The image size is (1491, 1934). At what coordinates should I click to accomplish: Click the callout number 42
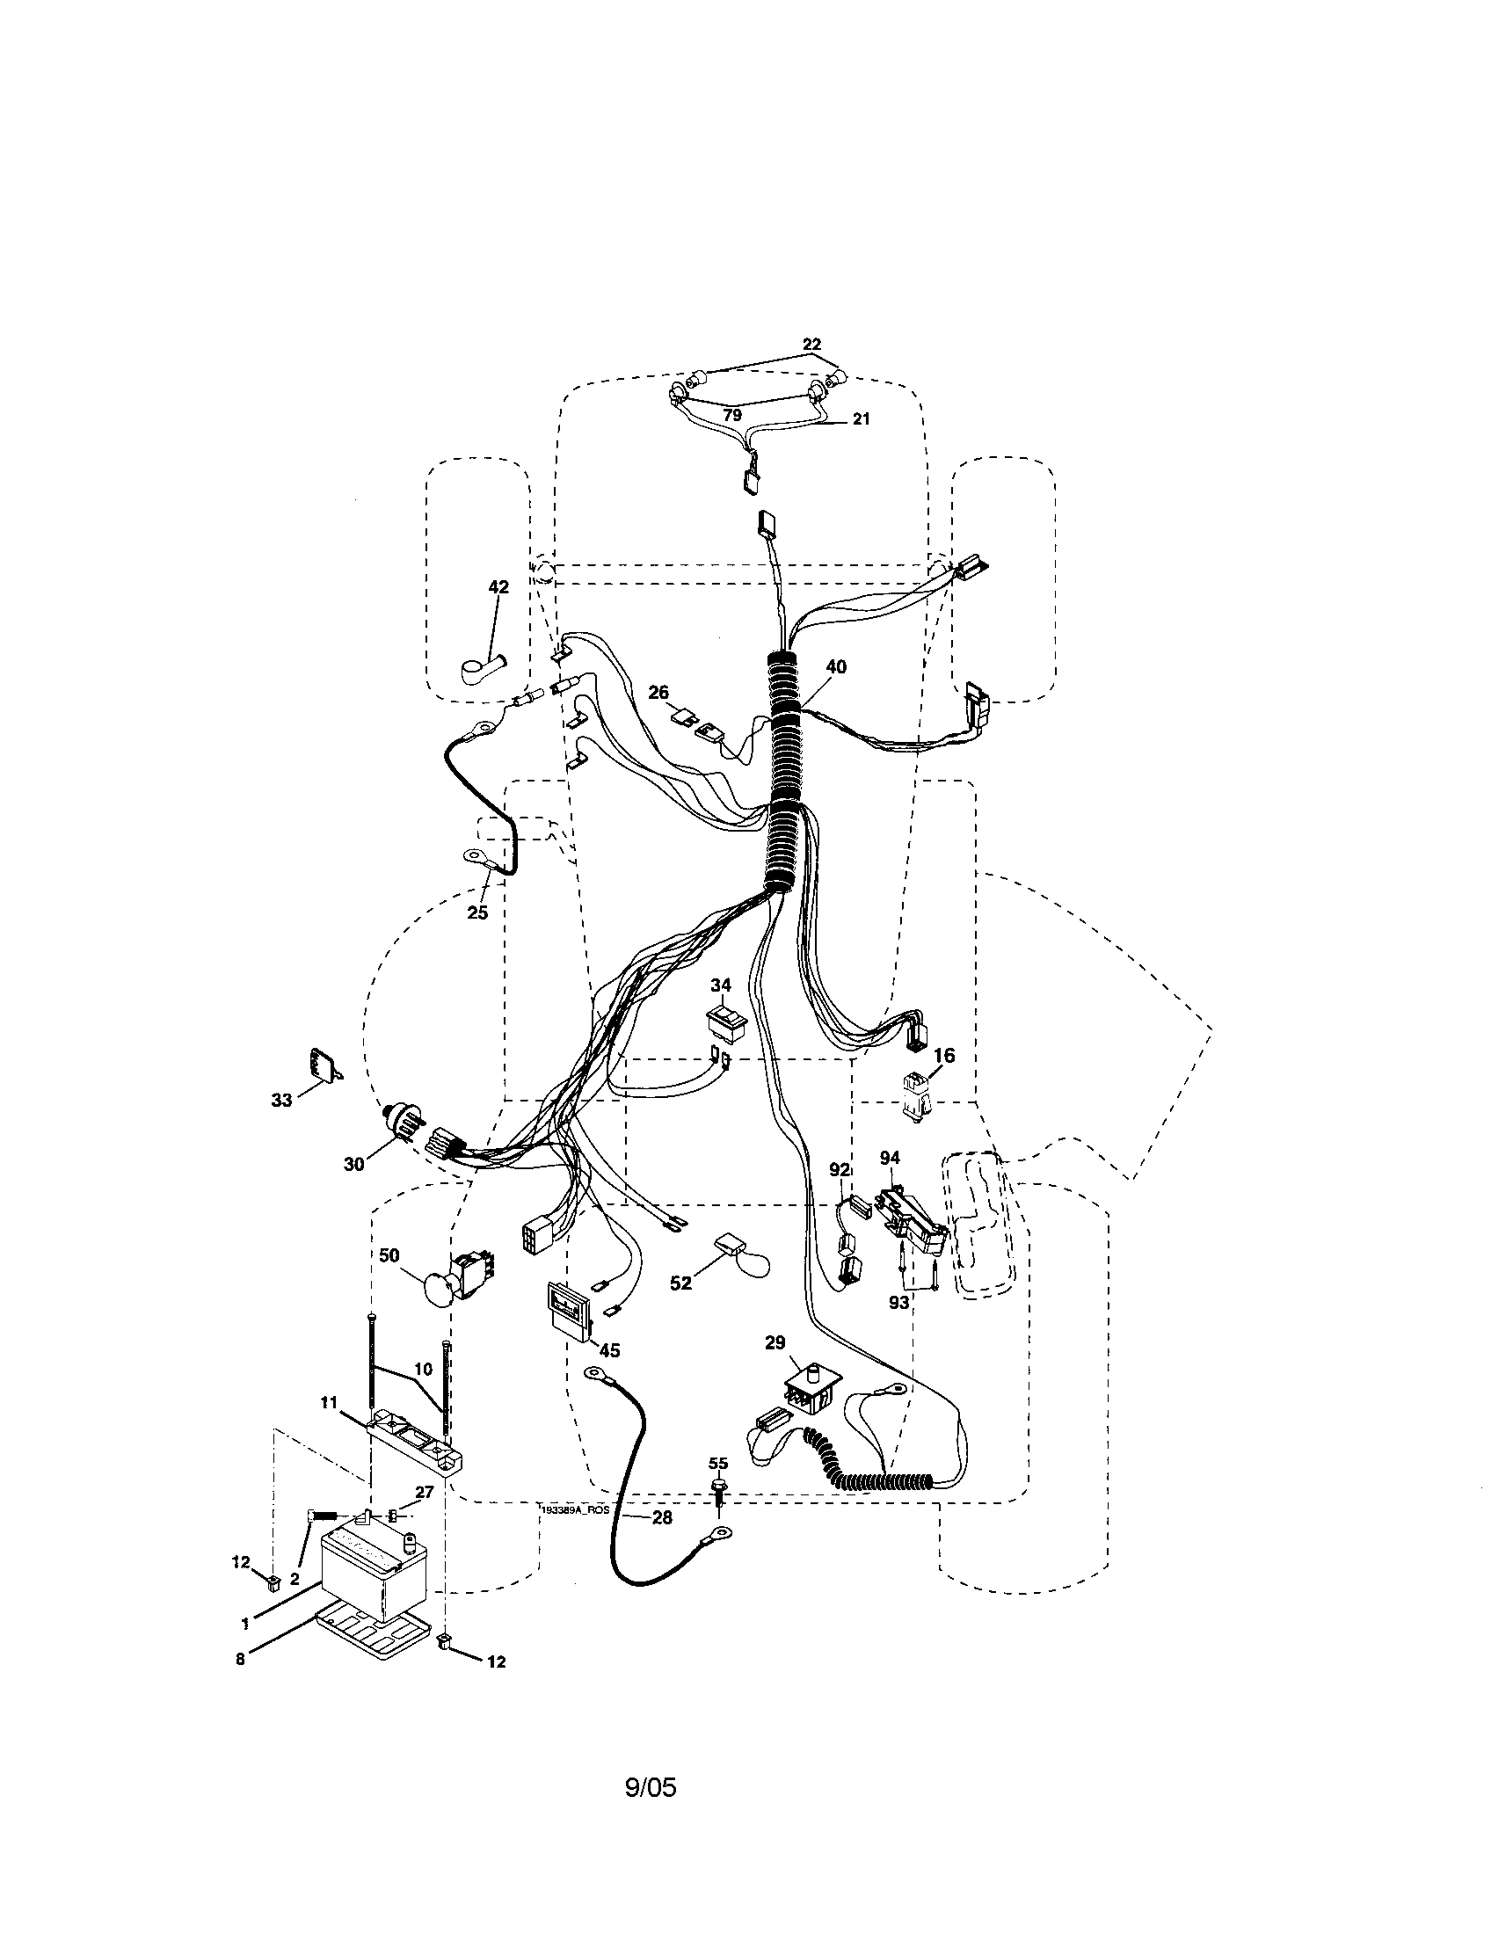point(498,587)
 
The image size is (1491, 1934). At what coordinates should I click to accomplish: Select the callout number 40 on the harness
point(835,667)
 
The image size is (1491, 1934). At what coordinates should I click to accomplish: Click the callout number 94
point(890,1158)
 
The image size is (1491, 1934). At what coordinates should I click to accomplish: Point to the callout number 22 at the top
point(811,344)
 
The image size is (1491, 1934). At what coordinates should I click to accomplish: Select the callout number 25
point(477,912)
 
